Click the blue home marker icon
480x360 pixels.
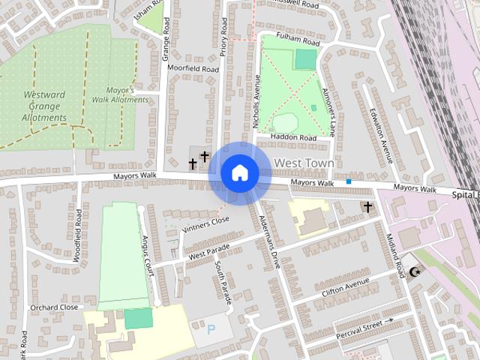(x=239, y=172)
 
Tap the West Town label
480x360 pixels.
(x=304, y=163)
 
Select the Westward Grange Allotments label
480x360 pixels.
(x=46, y=106)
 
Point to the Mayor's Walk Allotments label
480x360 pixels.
(x=120, y=94)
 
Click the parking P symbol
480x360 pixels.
(x=210, y=328)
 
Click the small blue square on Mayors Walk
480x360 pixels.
(x=349, y=181)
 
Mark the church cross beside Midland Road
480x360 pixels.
(x=367, y=206)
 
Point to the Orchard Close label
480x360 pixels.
(x=54, y=307)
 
